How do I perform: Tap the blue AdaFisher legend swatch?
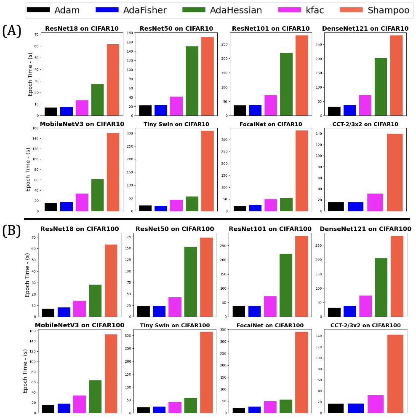[x=107, y=10]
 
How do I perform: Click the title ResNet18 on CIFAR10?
[x=82, y=29]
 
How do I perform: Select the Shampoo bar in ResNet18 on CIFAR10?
[x=113, y=80]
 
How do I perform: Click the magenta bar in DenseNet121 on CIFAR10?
[x=365, y=105]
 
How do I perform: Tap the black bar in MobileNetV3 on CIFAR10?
[x=51, y=207]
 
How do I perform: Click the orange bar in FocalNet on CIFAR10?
[x=301, y=170]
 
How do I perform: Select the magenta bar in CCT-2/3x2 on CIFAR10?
[x=375, y=202]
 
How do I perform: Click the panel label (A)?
[x=12, y=31]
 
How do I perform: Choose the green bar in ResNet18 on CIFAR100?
[x=95, y=300]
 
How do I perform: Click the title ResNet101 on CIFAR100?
[x=270, y=229]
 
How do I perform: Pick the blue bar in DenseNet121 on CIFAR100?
[x=350, y=311]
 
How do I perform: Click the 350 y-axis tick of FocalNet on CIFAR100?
[x=224, y=329]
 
